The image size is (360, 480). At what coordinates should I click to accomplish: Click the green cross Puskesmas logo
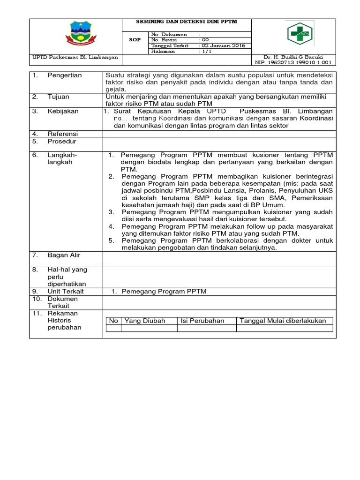point(301,35)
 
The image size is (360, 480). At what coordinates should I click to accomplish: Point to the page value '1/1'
point(207,52)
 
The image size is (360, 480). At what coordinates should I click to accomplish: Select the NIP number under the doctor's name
point(293,62)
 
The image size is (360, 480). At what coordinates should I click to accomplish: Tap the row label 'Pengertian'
point(65,75)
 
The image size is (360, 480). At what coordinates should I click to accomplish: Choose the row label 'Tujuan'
point(58,97)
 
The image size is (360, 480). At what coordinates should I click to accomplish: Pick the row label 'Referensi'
point(63,134)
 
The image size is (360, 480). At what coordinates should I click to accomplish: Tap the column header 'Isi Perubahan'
point(202,321)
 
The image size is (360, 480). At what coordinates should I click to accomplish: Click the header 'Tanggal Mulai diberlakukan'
point(283,321)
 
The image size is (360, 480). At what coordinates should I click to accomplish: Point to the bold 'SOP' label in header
point(135,40)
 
